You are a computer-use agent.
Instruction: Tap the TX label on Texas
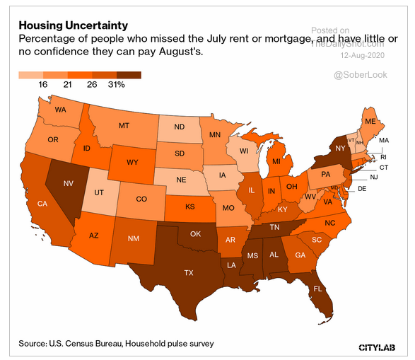pyautogui.click(x=189, y=272)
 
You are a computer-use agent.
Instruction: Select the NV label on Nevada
pyautogui.click(x=69, y=184)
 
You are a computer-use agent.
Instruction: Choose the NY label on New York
pyautogui.click(x=340, y=149)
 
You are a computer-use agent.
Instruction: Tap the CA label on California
pyautogui.click(x=42, y=204)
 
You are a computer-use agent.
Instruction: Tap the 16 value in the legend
pyautogui.click(x=42, y=84)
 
